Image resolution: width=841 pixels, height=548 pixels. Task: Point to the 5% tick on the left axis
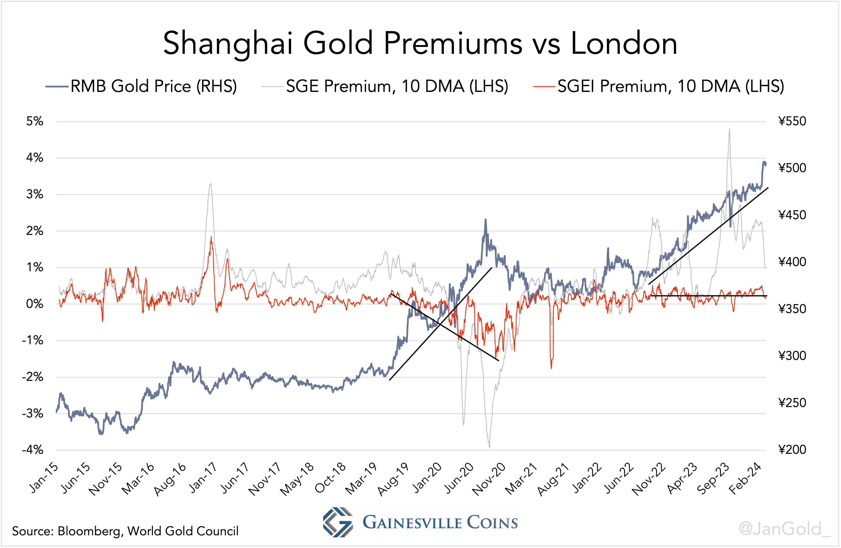point(35,121)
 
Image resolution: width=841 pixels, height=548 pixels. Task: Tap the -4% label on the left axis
point(33,450)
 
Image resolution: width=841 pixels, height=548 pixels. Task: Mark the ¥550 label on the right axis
point(792,121)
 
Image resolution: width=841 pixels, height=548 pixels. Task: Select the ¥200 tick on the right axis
point(792,450)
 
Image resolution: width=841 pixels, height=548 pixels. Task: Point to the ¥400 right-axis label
point(792,262)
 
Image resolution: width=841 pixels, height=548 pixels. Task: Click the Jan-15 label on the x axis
point(44,478)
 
